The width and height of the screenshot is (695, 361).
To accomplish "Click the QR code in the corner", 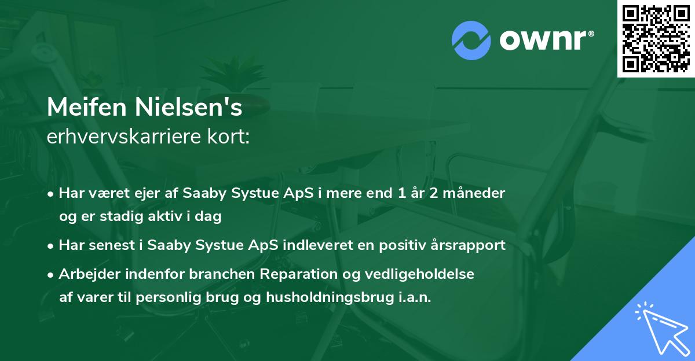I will [x=656, y=38].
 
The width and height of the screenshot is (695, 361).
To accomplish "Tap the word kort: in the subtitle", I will [x=230, y=138].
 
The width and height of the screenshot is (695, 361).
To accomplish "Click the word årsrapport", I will [x=470, y=245].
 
